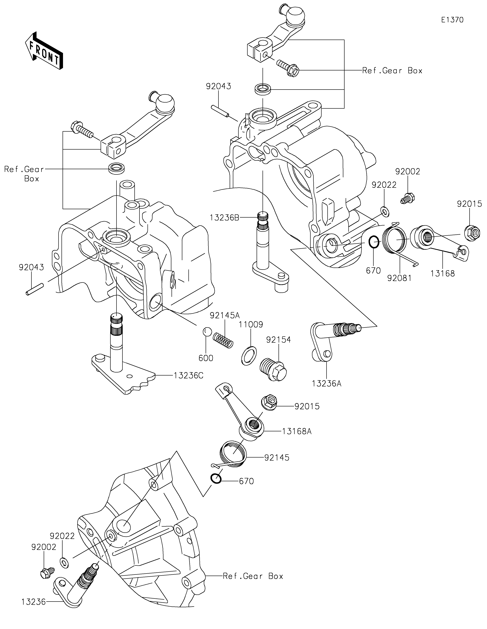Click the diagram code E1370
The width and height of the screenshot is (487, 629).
point(452,20)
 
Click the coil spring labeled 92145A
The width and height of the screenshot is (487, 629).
point(223,340)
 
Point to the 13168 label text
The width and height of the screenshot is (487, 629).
point(443,273)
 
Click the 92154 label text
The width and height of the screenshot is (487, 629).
point(279,340)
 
